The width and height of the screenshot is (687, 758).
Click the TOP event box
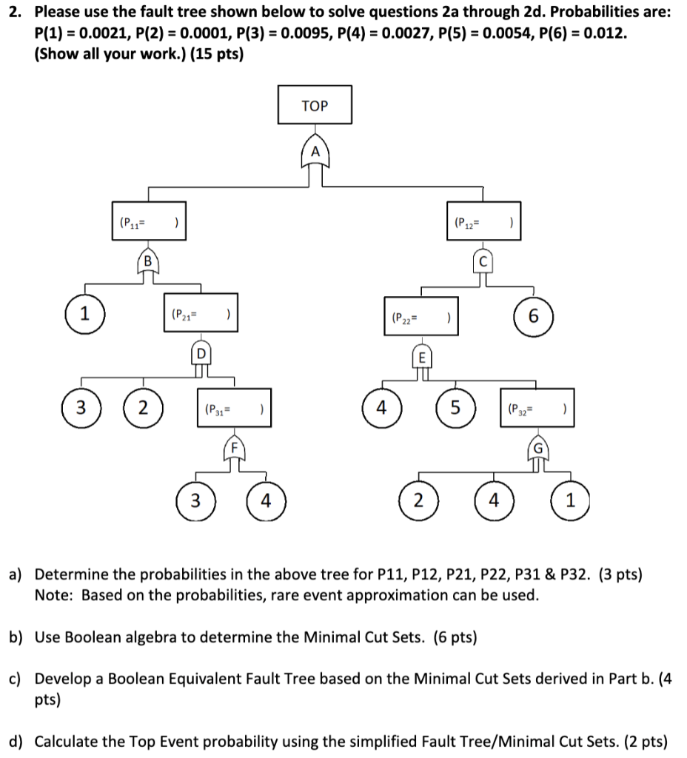(x=315, y=105)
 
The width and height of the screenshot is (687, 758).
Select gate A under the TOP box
(x=315, y=152)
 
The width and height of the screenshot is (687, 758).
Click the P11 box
(x=147, y=221)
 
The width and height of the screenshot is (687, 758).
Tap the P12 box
(x=481, y=221)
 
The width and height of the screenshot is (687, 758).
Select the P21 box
(x=198, y=315)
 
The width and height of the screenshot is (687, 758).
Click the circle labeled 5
(x=456, y=406)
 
